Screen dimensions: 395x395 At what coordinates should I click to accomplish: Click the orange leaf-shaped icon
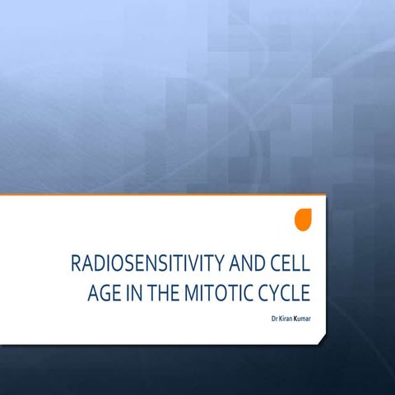[x=303, y=220]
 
